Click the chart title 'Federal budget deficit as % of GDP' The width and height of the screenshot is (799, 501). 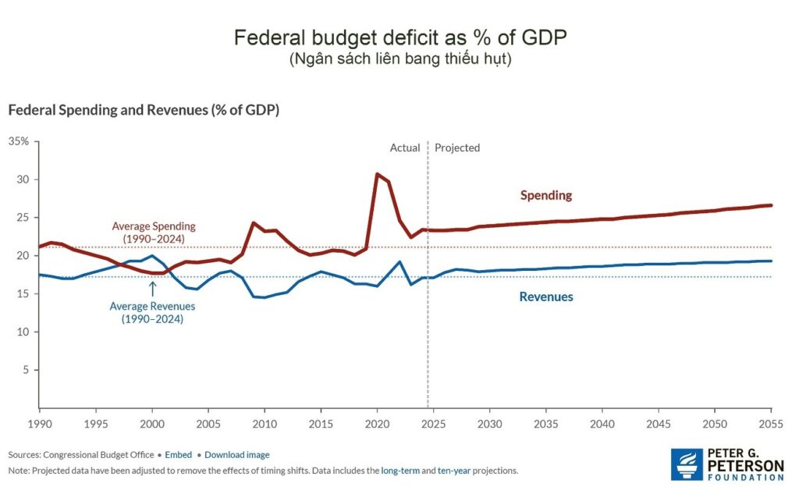pyautogui.click(x=399, y=37)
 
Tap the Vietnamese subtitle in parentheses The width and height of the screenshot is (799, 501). pyautogui.click(x=399, y=59)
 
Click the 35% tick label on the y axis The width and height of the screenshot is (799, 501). pyautogui.click(x=18, y=141)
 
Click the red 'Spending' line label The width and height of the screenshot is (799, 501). pyautogui.click(x=546, y=195)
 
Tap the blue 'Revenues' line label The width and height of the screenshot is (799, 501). pyautogui.click(x=545, y=297)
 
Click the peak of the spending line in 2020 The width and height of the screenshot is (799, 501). pyautogui.click(x=378, y=174)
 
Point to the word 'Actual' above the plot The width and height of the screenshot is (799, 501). pyautogui.click(x=405, y=147)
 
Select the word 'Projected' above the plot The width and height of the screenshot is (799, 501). pyautogui.click(x=457, y=147)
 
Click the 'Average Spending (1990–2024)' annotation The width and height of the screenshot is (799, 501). pyautogui.click(x=153, y=232)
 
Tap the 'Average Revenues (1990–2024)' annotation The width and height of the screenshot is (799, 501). pyautogui.click(x=152, y=312)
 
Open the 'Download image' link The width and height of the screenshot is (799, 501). pyautogui.click(x=236, y=454)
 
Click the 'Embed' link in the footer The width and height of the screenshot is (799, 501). pyautogui.click(x=178, y=454)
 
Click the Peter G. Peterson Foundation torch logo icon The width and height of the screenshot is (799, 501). pyautogui.click(x=685, y=464)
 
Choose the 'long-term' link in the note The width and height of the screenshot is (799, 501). pyautogui.click(x=399, y=471)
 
